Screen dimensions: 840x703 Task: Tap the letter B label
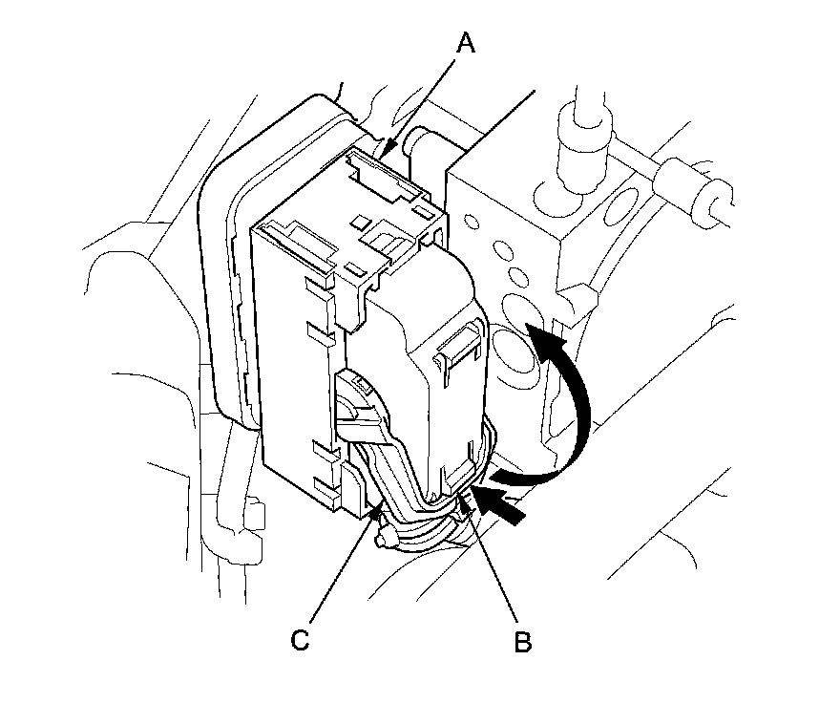[522, 641]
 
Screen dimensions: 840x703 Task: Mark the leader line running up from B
[494, 564]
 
